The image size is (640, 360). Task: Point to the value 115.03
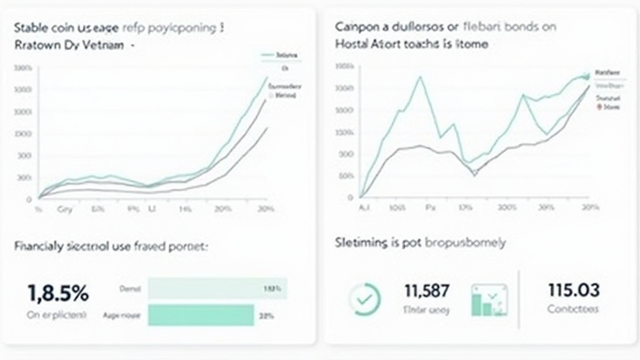pos(573,290)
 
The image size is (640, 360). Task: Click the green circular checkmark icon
pos(364,299)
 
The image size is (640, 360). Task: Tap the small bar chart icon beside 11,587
pos(490,299)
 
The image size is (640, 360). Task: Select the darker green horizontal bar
pos(201,315)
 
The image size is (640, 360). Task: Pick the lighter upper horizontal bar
pos(217,289)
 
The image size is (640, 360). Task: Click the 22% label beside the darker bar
pos(266,316)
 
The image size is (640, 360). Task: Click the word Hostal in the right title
pos(352,44)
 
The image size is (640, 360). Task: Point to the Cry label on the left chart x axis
pos(64,209)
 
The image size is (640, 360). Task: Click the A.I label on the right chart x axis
pos(364,207)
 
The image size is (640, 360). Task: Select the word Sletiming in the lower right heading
pos(361,242)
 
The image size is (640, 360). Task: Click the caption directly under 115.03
pos(572,309)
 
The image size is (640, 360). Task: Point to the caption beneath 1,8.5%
pos(57,315)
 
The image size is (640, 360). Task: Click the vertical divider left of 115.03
pos(519,299)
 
